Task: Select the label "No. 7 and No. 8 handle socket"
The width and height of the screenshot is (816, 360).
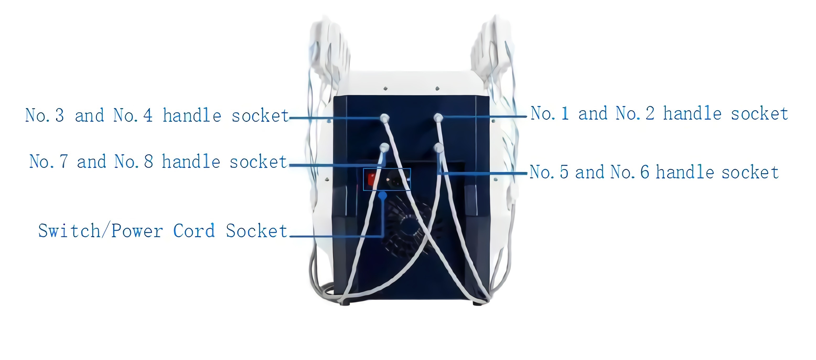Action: [158, 162]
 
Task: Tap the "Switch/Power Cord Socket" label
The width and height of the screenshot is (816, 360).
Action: [163, 231]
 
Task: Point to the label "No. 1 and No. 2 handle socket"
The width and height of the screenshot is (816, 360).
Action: [659, 113]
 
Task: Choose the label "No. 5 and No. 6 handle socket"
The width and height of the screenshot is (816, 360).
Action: [654, 172]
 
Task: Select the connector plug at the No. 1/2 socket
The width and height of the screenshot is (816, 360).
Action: [438, 118]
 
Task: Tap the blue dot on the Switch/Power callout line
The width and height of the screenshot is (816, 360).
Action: [383, 195]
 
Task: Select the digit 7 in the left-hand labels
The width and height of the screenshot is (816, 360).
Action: [64, 162]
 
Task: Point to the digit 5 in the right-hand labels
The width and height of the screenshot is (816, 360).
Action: [564, 172]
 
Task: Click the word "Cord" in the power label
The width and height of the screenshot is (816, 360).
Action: [194, 231]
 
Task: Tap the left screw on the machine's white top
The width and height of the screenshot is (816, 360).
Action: [385, 88]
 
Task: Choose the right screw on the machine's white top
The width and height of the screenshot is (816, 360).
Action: [437, 88]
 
